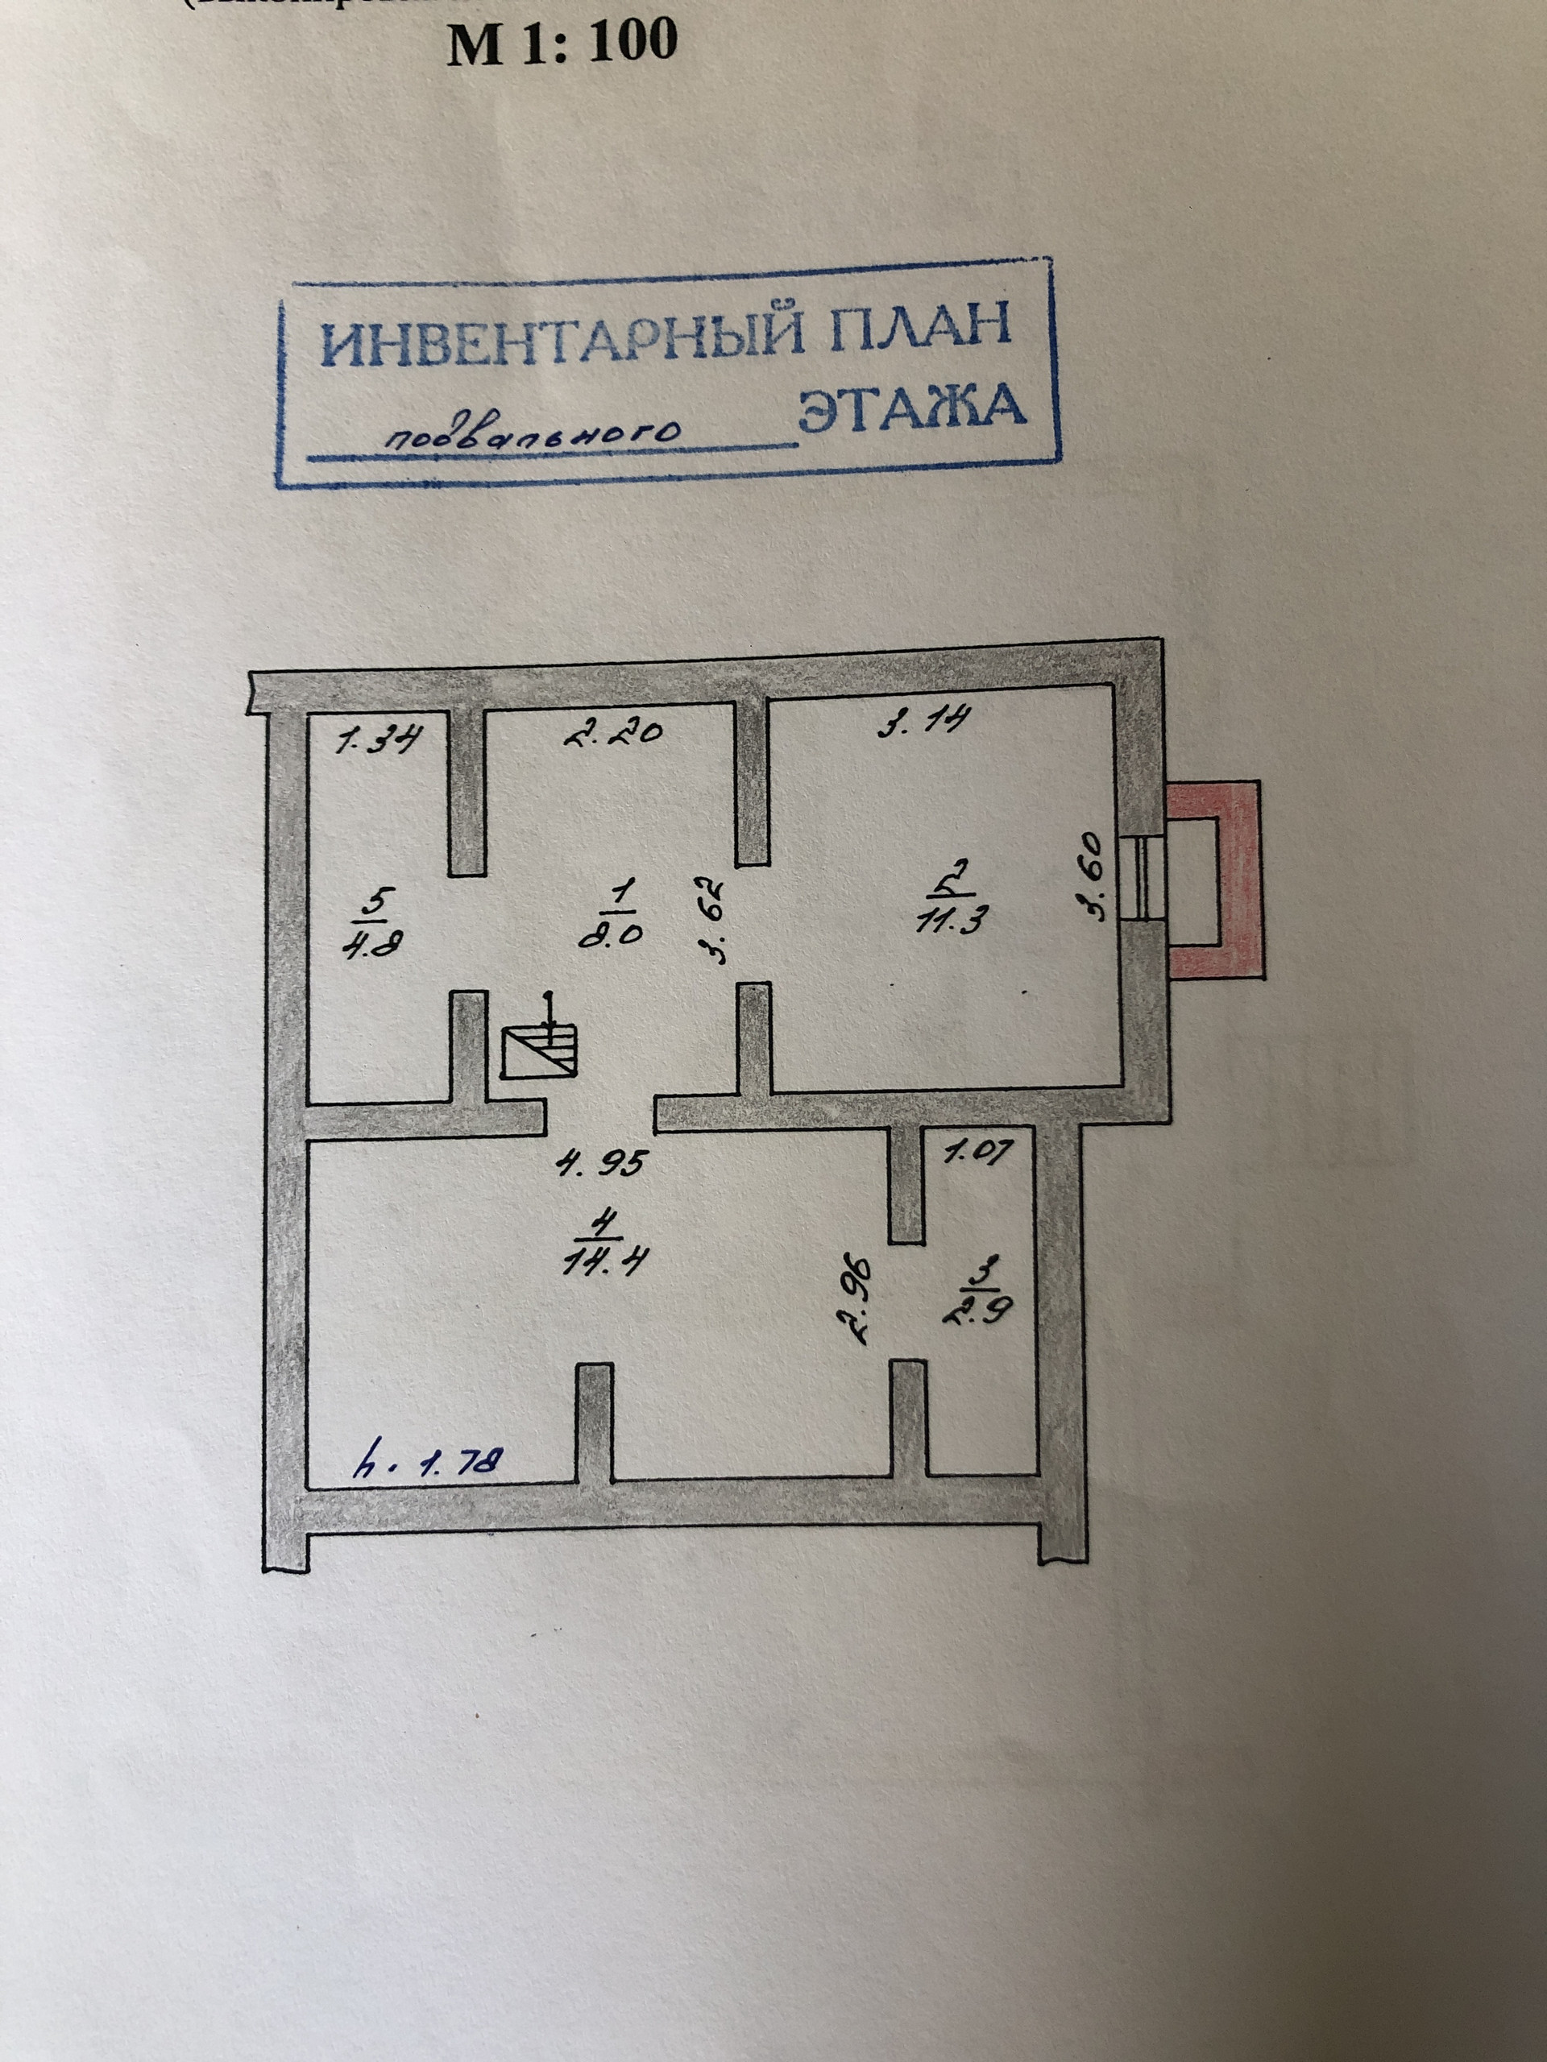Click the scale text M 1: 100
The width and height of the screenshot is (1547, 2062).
point(562,42)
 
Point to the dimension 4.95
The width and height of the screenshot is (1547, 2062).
point(599,1162)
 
